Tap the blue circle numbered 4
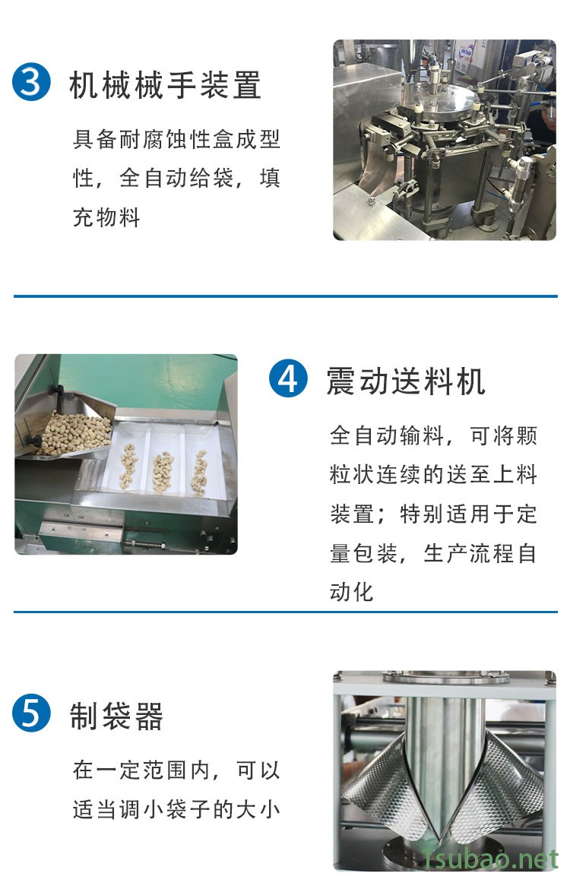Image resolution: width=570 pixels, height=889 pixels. [288, 378]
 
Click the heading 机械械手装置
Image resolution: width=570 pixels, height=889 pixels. [165, 84]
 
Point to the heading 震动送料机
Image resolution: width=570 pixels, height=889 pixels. [406, 381]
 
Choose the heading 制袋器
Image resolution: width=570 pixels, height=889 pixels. [116, 716]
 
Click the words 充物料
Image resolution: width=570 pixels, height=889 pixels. [106, 217]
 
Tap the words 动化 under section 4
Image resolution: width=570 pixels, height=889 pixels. [352, 592]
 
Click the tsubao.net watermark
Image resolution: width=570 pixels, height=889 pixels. [491, 859]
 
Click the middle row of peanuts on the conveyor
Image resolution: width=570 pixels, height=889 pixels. [163, 471]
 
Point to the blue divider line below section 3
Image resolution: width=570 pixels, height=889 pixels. [285, 296]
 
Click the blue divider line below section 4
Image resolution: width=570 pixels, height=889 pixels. [285, 612]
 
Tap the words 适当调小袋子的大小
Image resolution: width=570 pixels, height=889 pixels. [176, 810]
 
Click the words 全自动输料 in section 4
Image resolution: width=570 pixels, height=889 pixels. [387, 435]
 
